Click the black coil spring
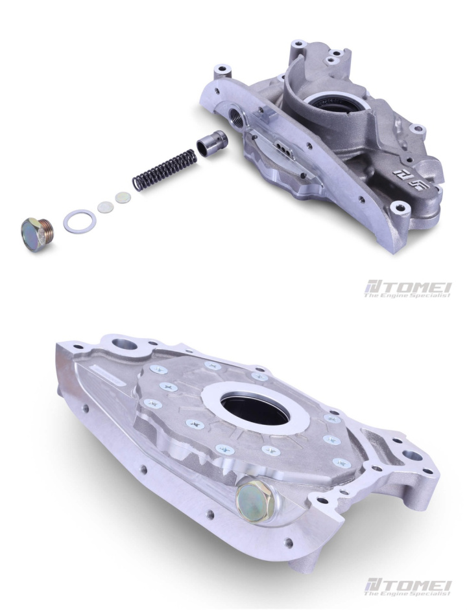[164, 170]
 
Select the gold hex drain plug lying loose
[37, 234]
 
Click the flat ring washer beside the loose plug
[80, 221]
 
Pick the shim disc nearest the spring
[123, 198]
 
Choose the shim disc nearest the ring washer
[105, 207]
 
